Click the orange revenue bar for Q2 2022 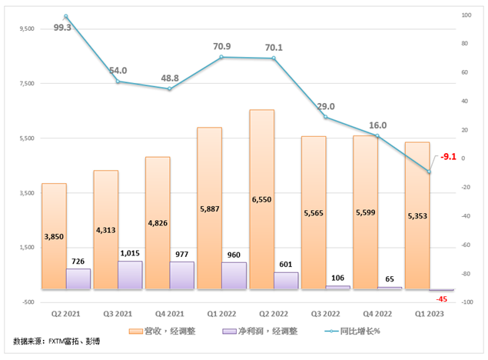[261, 199]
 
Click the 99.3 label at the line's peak [63, 27]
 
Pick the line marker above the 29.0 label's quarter [325, 117]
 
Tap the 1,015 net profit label [130, 253]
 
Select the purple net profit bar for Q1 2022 [234, 275]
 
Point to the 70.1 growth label [274, 48]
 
